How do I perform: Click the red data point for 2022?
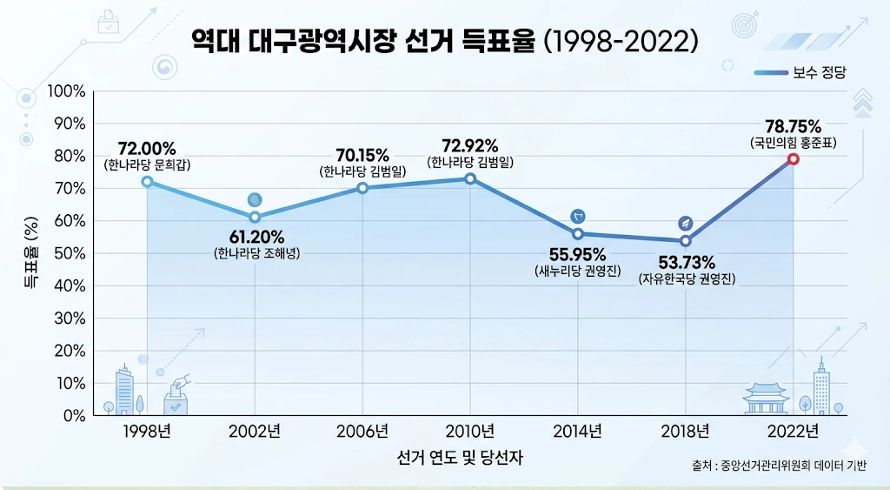794,159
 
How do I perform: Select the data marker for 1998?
147,181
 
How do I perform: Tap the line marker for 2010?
470,178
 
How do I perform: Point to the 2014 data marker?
578,233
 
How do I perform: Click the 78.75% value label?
793,125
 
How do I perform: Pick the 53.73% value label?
686,262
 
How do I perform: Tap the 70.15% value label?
362,155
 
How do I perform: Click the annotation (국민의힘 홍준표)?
793,142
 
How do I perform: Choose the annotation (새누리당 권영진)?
578,272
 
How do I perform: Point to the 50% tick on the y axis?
67,253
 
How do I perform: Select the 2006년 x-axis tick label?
362,431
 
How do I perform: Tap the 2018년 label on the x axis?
686,431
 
